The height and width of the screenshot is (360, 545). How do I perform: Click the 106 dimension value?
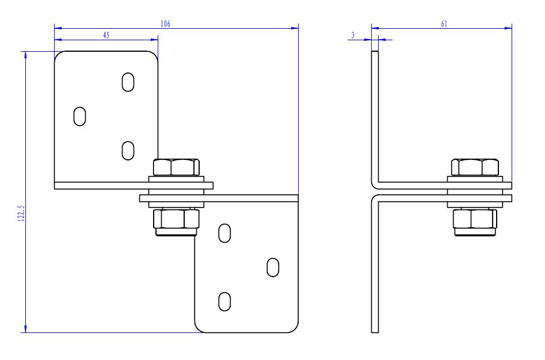coord(165,24)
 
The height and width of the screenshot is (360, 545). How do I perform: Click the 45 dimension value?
coord(106,35)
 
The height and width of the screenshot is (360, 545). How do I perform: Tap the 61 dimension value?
coord(444,24)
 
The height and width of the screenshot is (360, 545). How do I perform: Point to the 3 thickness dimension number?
coord(352,36)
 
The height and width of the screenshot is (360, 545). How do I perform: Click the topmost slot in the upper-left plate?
coord(128,82)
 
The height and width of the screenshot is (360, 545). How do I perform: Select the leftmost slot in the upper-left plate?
coord(80,116)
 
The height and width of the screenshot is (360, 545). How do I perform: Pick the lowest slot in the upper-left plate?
coord(128,151)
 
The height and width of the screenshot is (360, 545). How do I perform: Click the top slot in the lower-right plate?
coord(225,233)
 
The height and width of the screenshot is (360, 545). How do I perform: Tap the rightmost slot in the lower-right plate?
coord(273,267)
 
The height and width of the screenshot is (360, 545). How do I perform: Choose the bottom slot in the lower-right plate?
coord(225,301)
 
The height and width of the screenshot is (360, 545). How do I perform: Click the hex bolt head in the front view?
coord(176,167)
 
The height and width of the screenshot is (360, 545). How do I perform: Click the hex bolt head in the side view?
coord(474,167)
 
